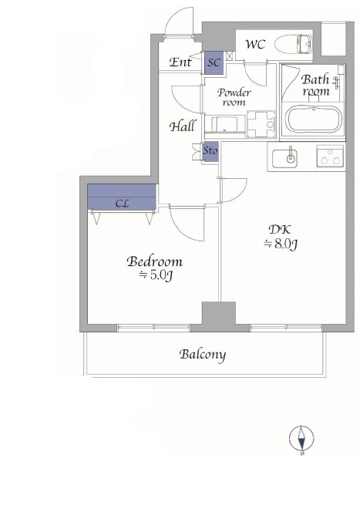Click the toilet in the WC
coord(293,44)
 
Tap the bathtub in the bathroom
coord(314,120)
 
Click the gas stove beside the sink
coord(330,156)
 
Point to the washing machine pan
coord(261,124)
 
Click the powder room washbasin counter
coord(224,126)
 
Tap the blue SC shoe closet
coord(214,62)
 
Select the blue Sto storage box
coord(210,153)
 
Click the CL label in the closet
coord(122,204)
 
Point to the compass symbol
coord(301,439)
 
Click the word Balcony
coord(203,355)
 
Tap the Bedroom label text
coord(155,261)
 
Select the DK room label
coord(280,230)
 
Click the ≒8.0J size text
coord(281,244)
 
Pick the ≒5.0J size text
coord(156,275)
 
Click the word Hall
coord(182,126)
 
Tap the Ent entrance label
coord(180,62)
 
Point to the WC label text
coord(255,44)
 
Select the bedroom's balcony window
coord(154,327)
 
